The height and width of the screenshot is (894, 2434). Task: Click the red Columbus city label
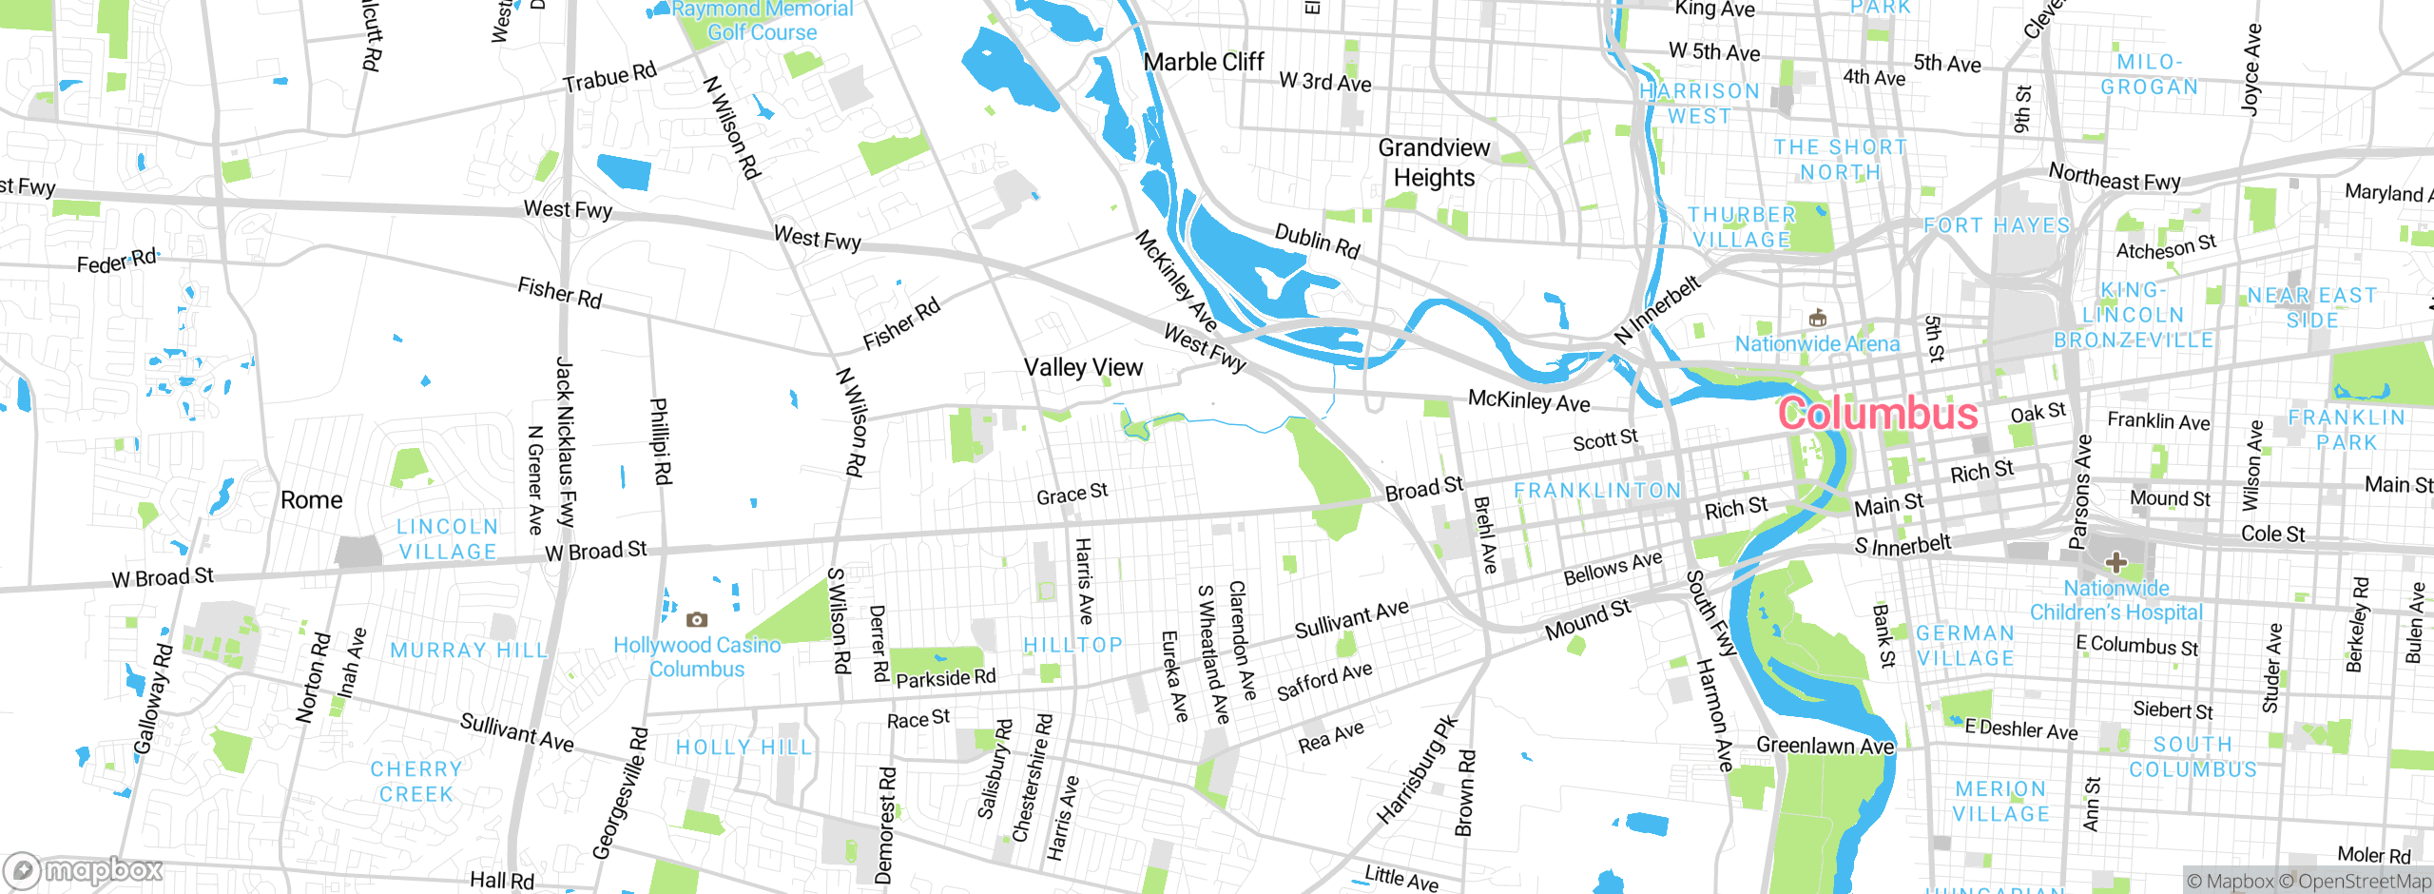[x=1877, y=414]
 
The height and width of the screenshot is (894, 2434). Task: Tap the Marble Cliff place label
[x=1204, y=63]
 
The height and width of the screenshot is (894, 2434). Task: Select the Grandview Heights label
[x=1434, y=163]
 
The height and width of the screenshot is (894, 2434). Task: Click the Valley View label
[x=1083, y=368]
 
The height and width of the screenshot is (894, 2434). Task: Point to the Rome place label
[x=311, y=500]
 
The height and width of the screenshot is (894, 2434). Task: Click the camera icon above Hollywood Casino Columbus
[x=697, y=620]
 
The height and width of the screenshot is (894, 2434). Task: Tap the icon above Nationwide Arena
[x=1817, y=318]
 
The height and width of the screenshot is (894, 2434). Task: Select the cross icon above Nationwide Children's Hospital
[x=2115, y=562]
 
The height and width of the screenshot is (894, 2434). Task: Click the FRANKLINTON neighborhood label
[x=1597, y=491]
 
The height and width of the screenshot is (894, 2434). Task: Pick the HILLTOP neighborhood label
[x=1072, y=646]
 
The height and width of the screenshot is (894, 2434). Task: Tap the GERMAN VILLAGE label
[x=1965, y=646]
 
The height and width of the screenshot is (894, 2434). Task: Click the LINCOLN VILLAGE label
[x=447, y=539]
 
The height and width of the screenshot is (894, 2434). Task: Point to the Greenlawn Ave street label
[x=1825, y=746]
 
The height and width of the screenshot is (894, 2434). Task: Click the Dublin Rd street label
[x=1317, y=242]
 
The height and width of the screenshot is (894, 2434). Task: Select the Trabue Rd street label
[x=609, y=78]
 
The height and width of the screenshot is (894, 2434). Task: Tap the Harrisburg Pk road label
[x=1417, y=770]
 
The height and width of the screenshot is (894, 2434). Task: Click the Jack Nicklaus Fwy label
[x=565, y=442]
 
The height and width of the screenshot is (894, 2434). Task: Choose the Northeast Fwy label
[x=2115, y=177]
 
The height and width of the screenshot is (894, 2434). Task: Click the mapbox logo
[x=84, y=870]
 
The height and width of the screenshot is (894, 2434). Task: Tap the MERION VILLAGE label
[x=2000, y=802]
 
